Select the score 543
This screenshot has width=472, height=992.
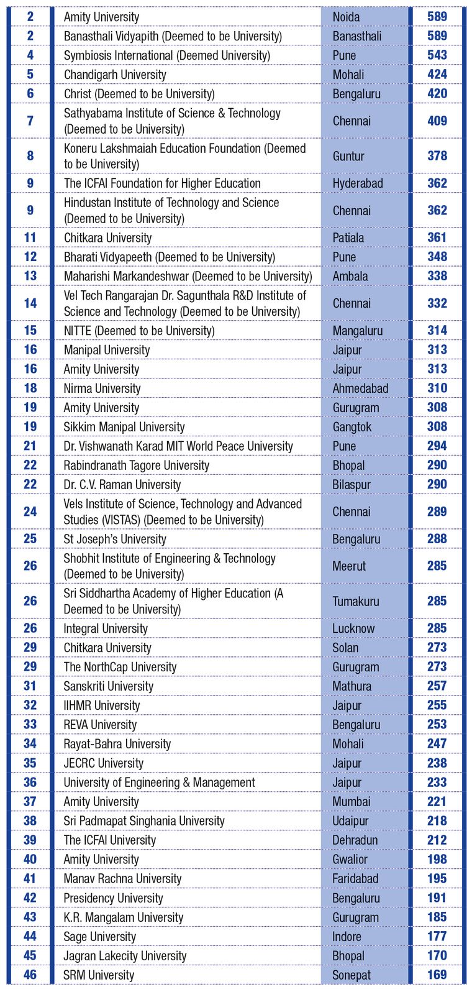pos(437,55)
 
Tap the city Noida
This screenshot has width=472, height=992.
pos(346,17)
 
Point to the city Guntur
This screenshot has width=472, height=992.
pos(348,156)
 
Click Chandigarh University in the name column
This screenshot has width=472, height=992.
pos(115,75)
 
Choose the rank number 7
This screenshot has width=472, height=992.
pos(30,121)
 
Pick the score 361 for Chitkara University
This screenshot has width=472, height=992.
pos(437,237)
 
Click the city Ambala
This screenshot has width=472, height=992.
pos(350,276)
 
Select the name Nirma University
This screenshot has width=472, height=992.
pos(102,388)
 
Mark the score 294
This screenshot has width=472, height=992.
pos(437,446)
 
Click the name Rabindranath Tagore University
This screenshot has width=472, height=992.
pos(137,466)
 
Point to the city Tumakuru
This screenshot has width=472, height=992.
pos(355,601)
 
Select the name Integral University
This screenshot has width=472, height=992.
pos(106,628)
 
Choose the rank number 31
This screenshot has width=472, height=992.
pos(30,686)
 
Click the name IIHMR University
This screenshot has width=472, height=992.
pos(102,705)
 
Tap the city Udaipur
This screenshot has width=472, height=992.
pos(350,821)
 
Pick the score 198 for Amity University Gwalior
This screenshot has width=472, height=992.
pos(437,860)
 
